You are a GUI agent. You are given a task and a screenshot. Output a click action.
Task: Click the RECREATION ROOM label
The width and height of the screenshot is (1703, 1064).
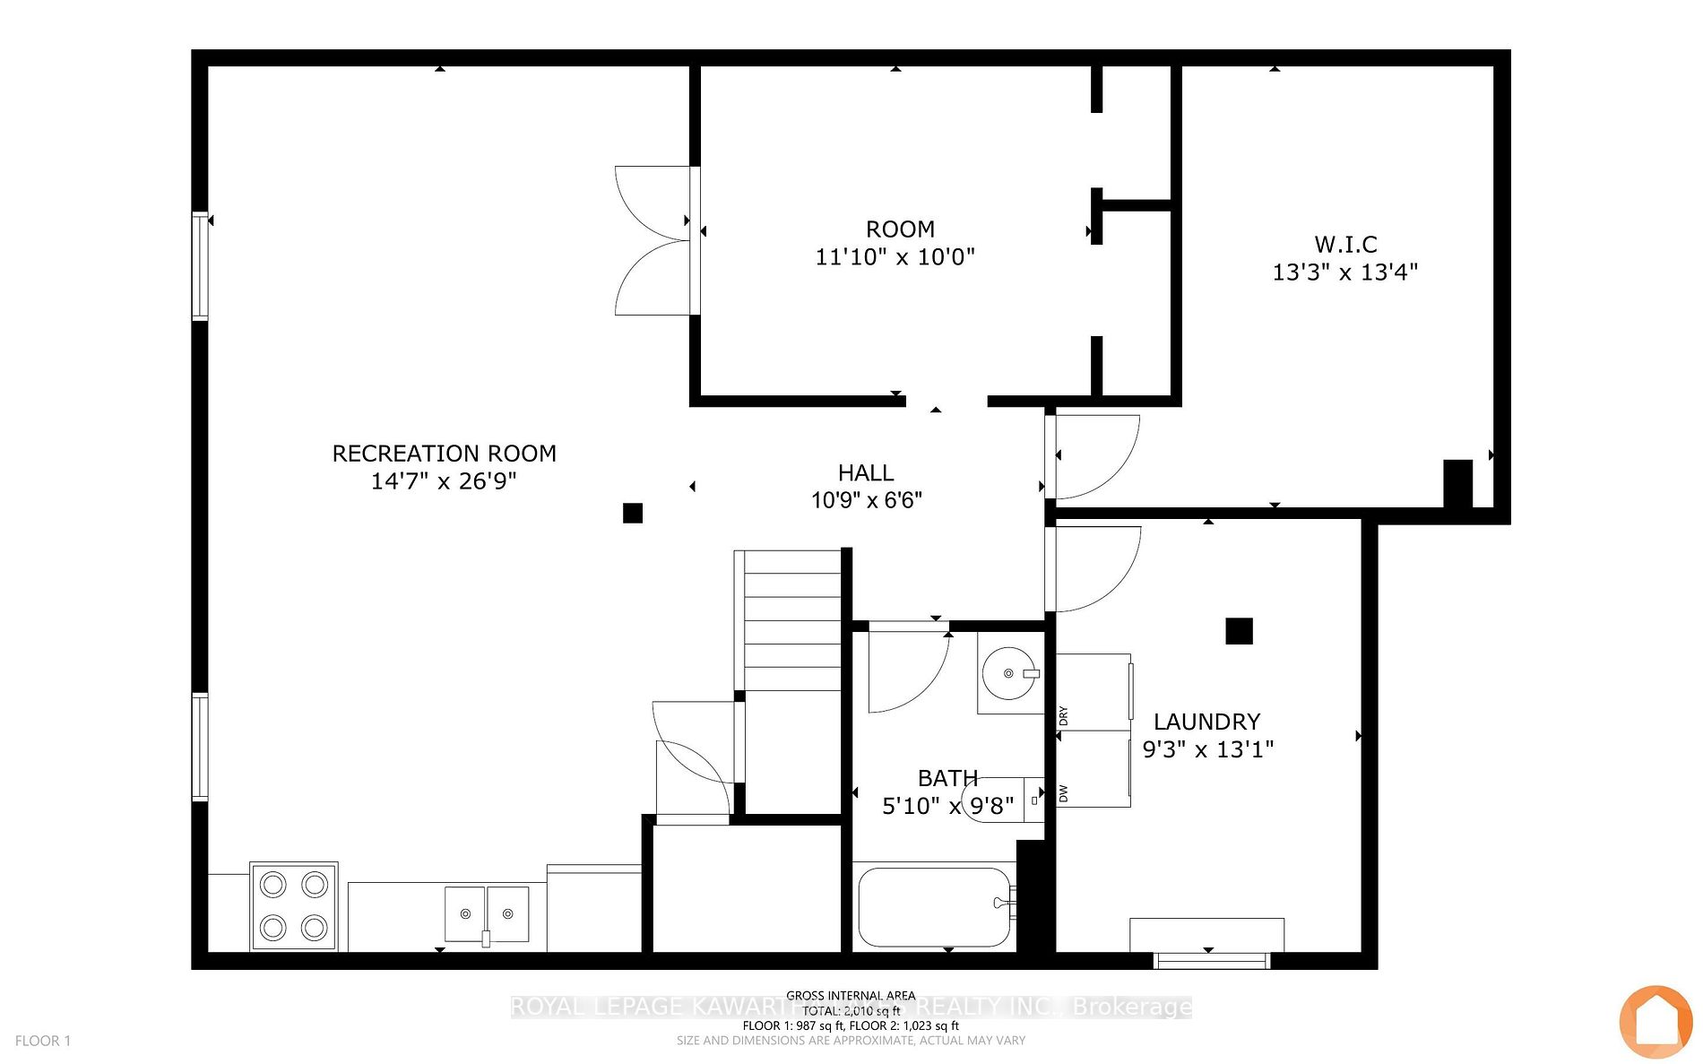coord(444,454)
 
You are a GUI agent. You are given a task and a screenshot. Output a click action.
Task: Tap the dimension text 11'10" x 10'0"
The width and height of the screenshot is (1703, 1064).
coord(895,257)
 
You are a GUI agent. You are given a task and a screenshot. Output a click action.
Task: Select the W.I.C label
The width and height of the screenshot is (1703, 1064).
coord(1345,244)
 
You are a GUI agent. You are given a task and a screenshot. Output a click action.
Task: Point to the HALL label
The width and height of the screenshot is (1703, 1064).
coord(866,472)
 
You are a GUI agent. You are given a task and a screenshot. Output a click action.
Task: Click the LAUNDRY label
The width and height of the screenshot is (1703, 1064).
coord(1206,722)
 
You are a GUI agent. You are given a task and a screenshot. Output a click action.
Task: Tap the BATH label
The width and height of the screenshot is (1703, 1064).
coord(947,778)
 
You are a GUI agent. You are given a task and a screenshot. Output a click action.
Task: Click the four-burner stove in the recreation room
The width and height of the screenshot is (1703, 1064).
coord(294,906)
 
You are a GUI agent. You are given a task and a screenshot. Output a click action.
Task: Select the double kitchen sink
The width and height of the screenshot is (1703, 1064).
coord(487,914)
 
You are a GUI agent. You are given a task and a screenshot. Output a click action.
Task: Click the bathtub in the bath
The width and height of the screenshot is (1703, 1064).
coord(935,906)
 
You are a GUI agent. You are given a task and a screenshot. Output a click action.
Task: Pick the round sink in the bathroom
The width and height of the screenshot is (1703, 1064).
coord(1009,672)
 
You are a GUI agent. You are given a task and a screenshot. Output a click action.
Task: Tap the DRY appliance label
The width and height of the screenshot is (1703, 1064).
coord(1064,716)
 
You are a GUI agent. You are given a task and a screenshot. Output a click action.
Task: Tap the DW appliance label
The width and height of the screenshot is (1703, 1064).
coord(1064,793)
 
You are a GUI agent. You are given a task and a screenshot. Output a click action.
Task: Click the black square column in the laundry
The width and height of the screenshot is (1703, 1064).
coord(1239,631)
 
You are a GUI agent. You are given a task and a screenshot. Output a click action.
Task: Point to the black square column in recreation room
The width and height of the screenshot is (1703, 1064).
coord(633,513)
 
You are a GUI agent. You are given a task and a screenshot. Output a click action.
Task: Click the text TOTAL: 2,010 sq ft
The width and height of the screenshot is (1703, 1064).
coord(851,1010)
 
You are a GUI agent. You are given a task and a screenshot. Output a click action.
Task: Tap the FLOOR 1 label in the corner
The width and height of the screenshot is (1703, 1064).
coord(42,1041)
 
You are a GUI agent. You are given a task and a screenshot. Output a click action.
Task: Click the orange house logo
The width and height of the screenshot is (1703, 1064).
coord(1655,1022)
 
